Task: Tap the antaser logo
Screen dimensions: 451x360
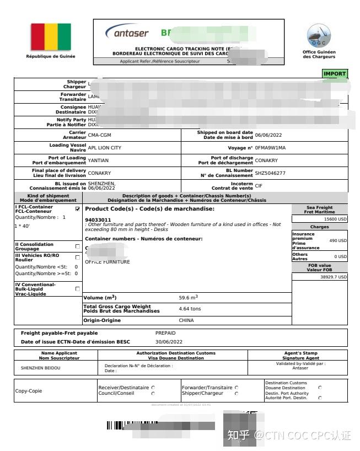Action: pyautogui.click(x=127, y=33)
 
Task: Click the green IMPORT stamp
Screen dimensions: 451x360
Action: pyautogui.click(x=334, y=74)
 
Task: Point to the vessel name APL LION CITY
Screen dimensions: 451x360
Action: pyautogui.click(x=104, y=148)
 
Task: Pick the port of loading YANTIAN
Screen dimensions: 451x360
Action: pyautogui.click(x=98, y=160)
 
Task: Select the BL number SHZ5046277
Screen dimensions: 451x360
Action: pyautogui.click(x=270, y=173)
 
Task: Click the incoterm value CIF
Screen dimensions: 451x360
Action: pyautogui.click(x=259, y=186)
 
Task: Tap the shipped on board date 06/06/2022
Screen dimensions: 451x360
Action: pyautogui.click(x=269, y=135)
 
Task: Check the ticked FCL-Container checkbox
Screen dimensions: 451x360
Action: pyautogui.click(x=77, y=209)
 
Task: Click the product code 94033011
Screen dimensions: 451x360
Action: pyautogui.click(x=98, y=219)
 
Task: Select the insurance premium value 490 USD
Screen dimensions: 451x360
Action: pyautogui.click(x=338, y=240)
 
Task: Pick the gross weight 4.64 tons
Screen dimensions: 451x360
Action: pyautogui.click(x=190, y=309)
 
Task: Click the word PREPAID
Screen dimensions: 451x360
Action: pyautogui.click(x=165, y=333)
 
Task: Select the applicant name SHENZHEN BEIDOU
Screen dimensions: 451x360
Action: pyautogui.click(x=37, y=367)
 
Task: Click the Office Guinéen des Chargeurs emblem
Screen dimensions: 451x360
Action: pyautogui.click(x=319, y=36)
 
